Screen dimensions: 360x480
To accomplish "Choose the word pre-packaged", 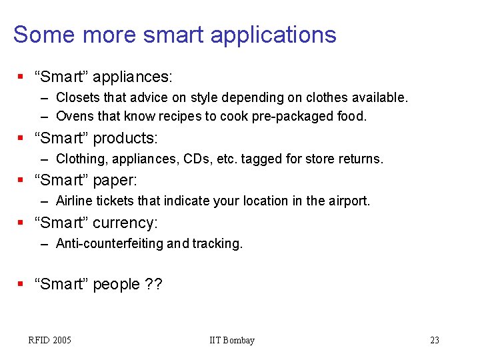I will click(294, 116).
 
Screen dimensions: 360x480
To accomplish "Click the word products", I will click(125, 138).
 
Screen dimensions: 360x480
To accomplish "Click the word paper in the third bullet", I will click(116, 180).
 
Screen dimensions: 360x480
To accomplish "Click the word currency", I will click(125, 223).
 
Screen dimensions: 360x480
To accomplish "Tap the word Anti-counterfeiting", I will click(109, 243).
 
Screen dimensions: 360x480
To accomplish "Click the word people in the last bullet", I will click(117, 284).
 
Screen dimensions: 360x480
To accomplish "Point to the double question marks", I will click(153, 284).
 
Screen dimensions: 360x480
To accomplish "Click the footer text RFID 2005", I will click(49, 340).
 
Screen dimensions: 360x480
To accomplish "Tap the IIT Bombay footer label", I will click(231, 340).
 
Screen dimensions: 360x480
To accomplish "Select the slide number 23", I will click(435, 340).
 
